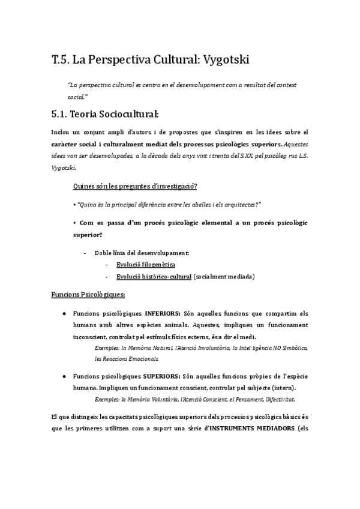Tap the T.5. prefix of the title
pos(61,59)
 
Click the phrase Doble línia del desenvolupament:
pos(142,253)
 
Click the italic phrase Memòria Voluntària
pos(151,399)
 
